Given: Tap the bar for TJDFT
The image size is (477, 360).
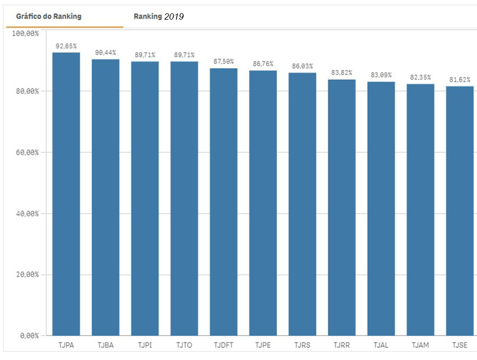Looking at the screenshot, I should (x=224, y=201).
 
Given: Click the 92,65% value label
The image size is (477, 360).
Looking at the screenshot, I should (x=66, y=46).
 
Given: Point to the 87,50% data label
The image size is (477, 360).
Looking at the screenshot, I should (x=224, y=62).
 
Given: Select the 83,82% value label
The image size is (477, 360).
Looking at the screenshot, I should (x=341, y=73).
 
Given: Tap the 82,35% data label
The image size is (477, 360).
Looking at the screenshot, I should (x=420, y=77).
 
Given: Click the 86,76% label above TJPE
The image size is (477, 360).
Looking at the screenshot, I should (x=263, y=64).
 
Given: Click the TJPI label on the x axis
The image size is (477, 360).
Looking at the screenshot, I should (x=145, y=345).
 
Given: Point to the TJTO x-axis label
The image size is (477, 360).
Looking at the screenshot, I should (x=184, y=345).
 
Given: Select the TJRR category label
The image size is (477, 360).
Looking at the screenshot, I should (x=341, y=345).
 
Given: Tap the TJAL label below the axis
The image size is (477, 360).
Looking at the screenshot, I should (x=381, y=345).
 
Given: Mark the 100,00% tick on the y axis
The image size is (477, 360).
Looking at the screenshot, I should (x=25, y=33).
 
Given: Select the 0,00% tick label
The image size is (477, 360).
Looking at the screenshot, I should (x=29, y=336).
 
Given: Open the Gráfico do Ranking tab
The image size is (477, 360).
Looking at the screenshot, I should (x=49, y=16).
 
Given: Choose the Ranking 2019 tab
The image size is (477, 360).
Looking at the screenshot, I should (x=158, y=16).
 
